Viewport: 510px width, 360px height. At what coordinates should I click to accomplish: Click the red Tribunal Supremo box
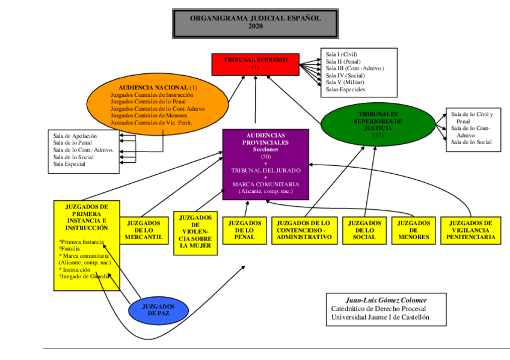256,64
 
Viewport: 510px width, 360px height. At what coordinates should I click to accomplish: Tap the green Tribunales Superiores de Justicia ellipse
378,124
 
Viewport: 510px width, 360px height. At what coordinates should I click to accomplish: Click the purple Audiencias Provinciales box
265,163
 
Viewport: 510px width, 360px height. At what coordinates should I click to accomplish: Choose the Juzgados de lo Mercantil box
144,230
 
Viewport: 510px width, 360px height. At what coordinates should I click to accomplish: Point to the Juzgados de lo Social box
364,230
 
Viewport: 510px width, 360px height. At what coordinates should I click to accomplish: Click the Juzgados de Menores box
413,230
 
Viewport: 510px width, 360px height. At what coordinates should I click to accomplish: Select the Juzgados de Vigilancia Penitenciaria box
471,230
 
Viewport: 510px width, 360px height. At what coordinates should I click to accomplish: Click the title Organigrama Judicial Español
256,18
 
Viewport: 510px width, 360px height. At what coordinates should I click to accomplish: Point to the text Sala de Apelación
75,136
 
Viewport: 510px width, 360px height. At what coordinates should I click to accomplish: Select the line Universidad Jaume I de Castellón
380,318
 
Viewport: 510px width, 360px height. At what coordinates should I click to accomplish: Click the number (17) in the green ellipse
378,135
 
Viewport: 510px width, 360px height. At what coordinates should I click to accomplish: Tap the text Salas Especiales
345,90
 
